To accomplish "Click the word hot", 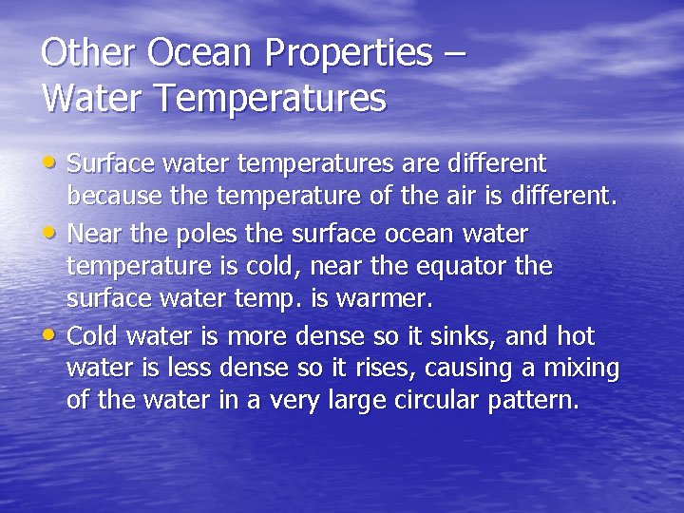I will point(575,335).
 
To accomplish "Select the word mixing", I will point(580,369).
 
